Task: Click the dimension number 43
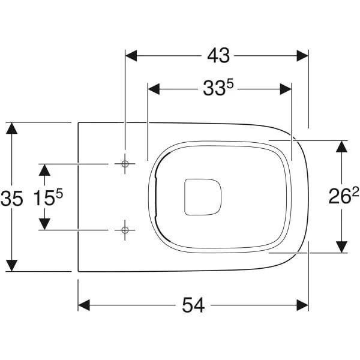pos(218,56)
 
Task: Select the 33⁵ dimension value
pos(218,88)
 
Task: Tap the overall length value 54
pos(193,305)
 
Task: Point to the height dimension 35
pos(12,199)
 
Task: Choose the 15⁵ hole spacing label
pos(48,197)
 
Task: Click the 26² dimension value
pos(343,196)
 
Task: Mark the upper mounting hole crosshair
pos(125,164)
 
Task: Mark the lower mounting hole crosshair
pos(125,230)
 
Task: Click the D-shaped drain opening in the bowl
pos(203,197)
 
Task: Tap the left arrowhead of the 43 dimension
pos(131,56)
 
